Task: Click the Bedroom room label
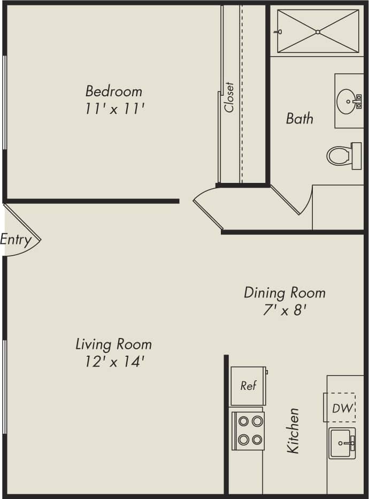[114, 90]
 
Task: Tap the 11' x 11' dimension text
[114, 109]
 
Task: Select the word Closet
[229, 97]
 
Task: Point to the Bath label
[299, 118]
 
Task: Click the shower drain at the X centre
[318, 32]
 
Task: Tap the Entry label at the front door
[16, 239]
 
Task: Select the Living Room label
[113, 344]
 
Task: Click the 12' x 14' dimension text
[114, 362]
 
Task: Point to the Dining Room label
[285, 293]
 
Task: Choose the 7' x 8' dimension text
[285, 310]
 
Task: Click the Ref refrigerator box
[248, 386]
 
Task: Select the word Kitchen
[293, 431]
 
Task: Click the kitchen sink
[342, 443]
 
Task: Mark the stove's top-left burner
[243, 420]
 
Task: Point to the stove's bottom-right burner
[257, 440]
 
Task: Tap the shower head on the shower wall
[278, 32]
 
